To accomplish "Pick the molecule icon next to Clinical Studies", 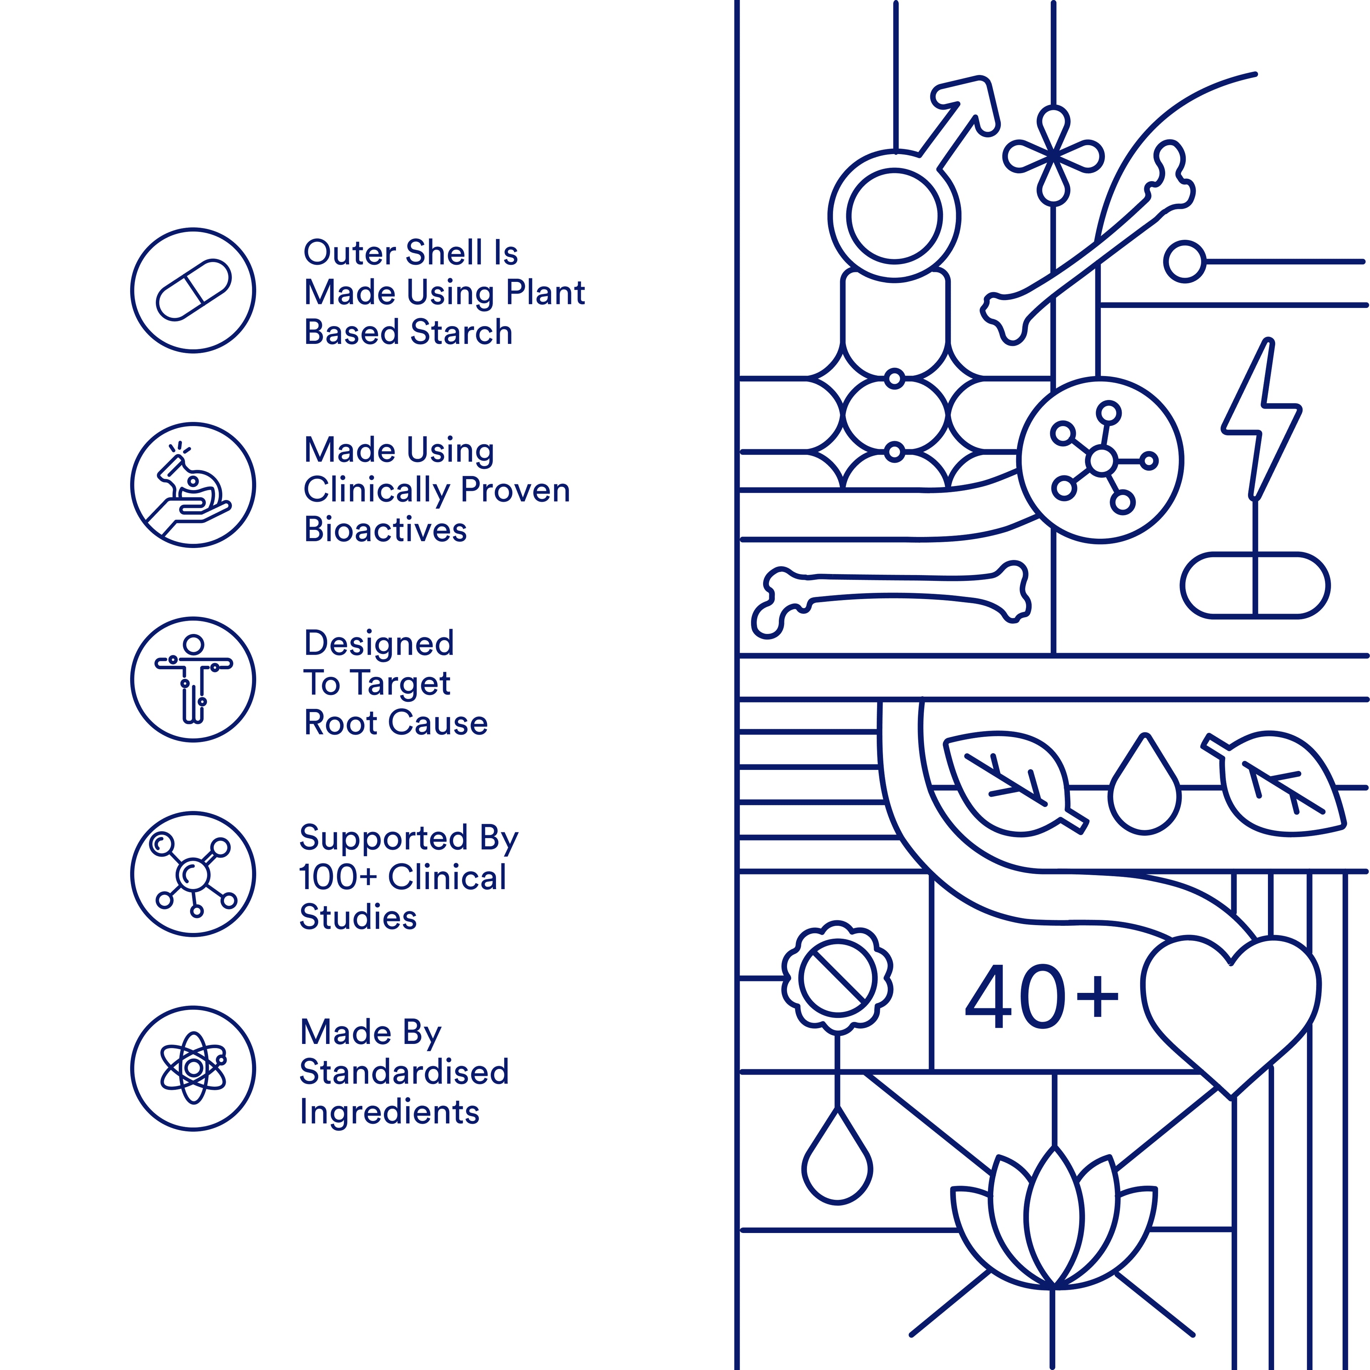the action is [193, 874].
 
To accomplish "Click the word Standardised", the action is [404, 1071].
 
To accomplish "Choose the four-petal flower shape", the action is [1054, 156].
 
